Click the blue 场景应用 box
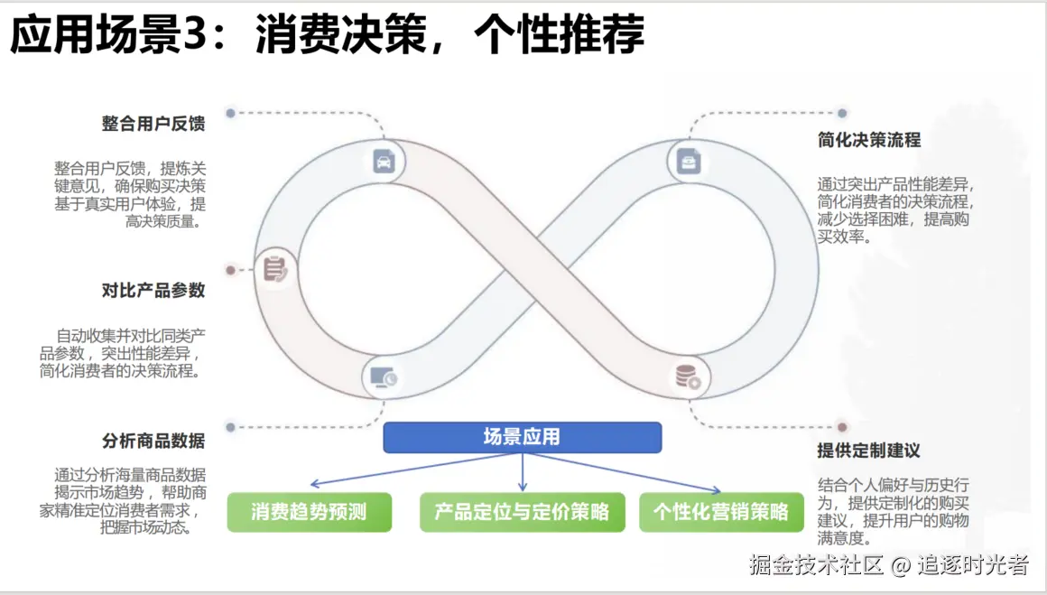522,438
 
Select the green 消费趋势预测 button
310,512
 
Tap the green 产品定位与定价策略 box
522,512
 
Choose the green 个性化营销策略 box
720,512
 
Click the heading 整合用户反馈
153,124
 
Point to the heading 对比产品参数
153,291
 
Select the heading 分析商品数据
153,441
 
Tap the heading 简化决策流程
868,141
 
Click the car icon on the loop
384,162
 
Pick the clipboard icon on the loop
275,269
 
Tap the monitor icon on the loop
384,377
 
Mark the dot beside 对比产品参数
230,269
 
